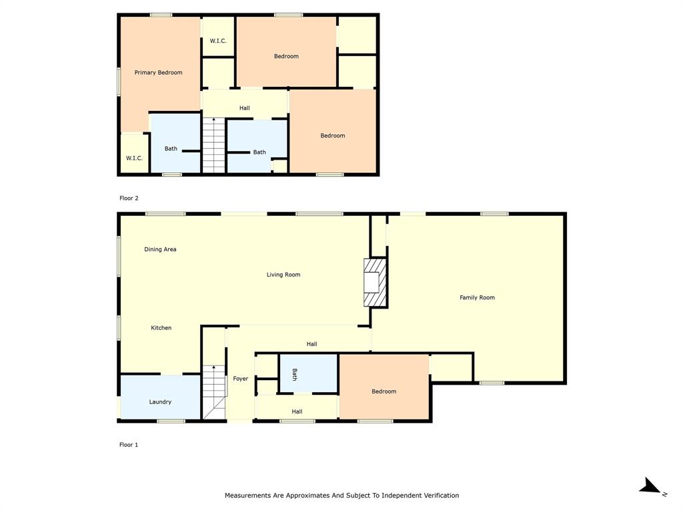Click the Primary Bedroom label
[158, 73]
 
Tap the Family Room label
[477, 298]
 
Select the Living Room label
[283, 275]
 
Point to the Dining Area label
[160, 250]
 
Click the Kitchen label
[161, 328]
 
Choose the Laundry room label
[160, 402]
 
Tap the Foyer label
[240, 379]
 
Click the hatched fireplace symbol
[374, 282]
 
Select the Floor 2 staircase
[213, 146]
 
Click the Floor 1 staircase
[214, 392]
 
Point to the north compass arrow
[650, 487]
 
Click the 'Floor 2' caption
[129, 198]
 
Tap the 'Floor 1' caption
[129, 445]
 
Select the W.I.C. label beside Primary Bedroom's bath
[134, 158]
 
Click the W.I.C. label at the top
[218, 41]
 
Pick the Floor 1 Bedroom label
[384, 391]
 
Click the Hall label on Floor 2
[244, 108]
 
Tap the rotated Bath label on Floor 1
[294, 375]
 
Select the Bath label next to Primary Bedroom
[171, 149]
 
